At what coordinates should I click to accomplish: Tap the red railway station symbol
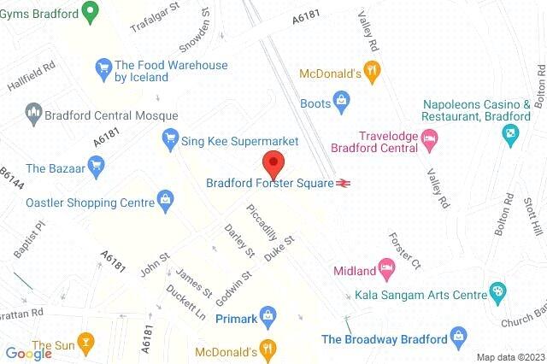(x=344, y=182)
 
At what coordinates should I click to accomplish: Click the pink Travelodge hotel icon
(x=430, y=137)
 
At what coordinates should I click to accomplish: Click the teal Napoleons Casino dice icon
(x=509, y=132)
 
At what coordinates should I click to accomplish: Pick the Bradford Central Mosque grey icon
(x=34, y=111)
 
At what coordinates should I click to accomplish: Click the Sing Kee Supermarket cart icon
(x=170, y=138)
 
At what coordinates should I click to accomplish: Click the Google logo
(x=28, y=353)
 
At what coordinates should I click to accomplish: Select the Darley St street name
(x=238, y=241)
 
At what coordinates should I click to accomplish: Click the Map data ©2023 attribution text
(x=510, y=357)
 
